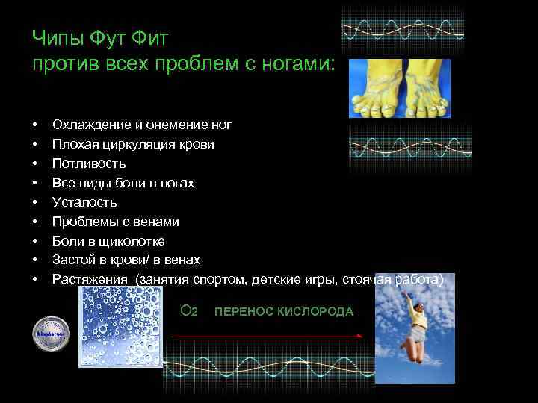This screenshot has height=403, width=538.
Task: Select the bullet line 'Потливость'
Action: tap(88, 163)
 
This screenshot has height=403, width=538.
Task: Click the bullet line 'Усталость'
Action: tap(84, 202)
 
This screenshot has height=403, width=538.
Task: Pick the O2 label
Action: tap(189, 310)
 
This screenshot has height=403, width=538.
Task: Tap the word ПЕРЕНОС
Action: tap(239, 311)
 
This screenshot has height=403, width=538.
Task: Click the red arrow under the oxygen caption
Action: tap(266, 337)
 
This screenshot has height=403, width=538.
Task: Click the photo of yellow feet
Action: tap(400, 88)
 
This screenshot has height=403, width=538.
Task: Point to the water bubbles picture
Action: tap(120, 326)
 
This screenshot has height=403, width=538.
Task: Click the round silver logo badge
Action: tap(51, 334)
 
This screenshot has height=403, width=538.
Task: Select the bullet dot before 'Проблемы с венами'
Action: tap(35, 222)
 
